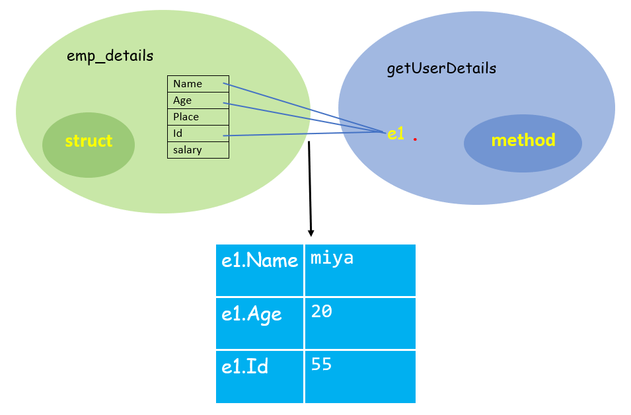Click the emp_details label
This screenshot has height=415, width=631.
pos(110,56)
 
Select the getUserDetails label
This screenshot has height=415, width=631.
pos(441,69)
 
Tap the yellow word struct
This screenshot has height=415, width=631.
pos(89,141)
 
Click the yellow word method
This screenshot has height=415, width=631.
pos(523,140)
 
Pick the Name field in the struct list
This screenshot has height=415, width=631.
pos(188,84)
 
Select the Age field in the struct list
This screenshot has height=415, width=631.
pos(182,100)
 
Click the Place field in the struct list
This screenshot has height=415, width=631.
pos(186,117)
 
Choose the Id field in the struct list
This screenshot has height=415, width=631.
pos(178,133)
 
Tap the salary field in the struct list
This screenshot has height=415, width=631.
pos(188,150)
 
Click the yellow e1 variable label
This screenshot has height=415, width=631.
pos(395,133)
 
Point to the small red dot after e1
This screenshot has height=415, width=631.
pos(414,140)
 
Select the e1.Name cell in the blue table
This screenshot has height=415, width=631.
pos(260,261)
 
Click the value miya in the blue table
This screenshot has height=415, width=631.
pos(332,258)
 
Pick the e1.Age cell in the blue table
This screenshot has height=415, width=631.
pos(252,315)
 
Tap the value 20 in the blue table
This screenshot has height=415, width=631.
pos(321,311)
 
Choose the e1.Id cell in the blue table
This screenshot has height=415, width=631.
pos(245,367)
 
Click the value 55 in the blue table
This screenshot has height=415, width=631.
pos(321,364)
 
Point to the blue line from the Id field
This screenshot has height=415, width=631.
pos(304,134)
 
